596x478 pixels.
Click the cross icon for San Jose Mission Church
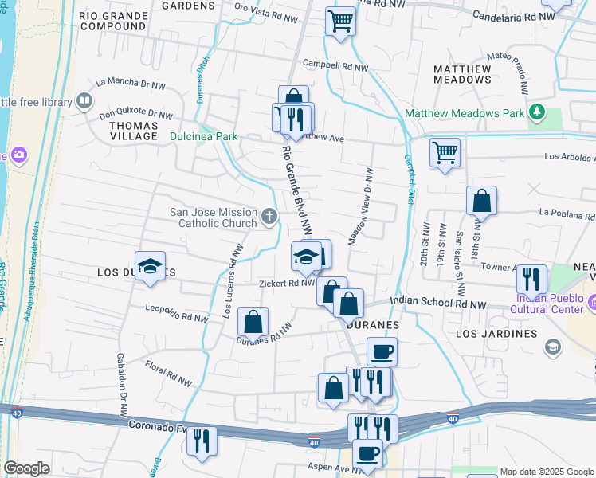click(x=270, y=215)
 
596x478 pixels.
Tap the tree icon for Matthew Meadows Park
click(x=538, y=112)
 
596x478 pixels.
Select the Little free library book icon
click(x=83, y=100)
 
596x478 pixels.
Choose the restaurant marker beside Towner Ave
click(x=531, y=279)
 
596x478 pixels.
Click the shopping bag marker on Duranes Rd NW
click(x=253, y=323)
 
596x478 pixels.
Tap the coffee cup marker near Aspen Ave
click(x=367, y=454)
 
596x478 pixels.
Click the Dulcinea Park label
click(x=203, y=136)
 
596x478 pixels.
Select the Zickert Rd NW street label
click(x=286, y=283)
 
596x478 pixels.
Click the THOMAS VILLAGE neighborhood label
click(x=133, y=131)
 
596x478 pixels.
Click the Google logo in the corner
click(x=27, y=468)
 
